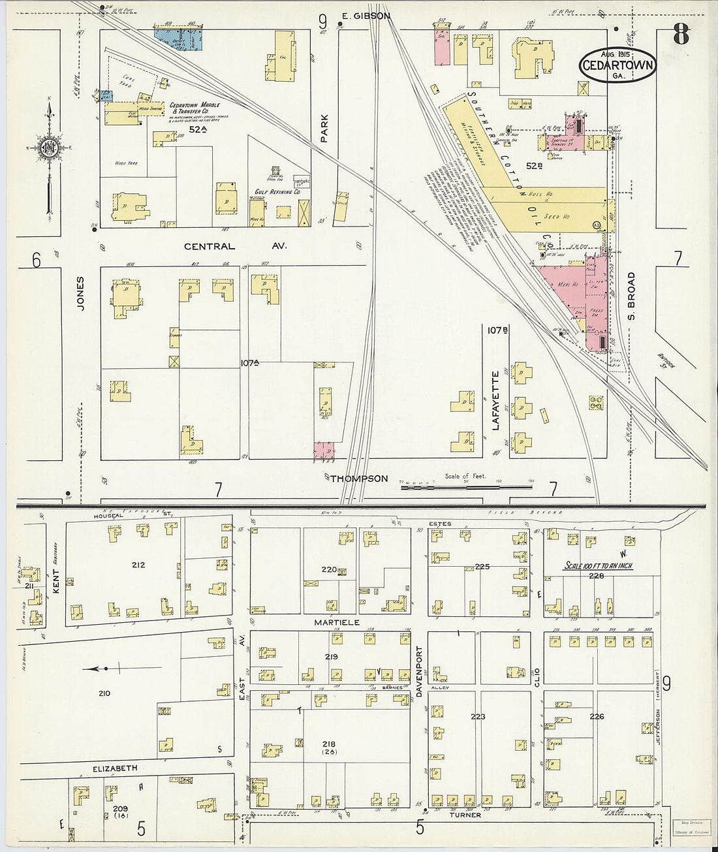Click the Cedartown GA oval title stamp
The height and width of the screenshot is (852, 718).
(617, 65)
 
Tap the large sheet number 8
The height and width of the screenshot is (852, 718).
(681, 34)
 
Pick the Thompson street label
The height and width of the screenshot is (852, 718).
(358, 479)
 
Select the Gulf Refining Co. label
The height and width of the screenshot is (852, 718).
(277, 192)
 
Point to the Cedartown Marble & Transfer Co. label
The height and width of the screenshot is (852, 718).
(195, 108)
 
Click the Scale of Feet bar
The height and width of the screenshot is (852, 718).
(466, 486)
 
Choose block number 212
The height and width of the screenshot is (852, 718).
(138, 565)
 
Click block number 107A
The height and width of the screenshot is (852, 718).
(249, 362)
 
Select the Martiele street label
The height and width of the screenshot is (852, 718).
(337, 622)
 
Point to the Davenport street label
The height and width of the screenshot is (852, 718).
(419, 672)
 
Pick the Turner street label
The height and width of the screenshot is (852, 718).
(465, 815)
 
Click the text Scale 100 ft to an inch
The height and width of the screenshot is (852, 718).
(599, 566)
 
